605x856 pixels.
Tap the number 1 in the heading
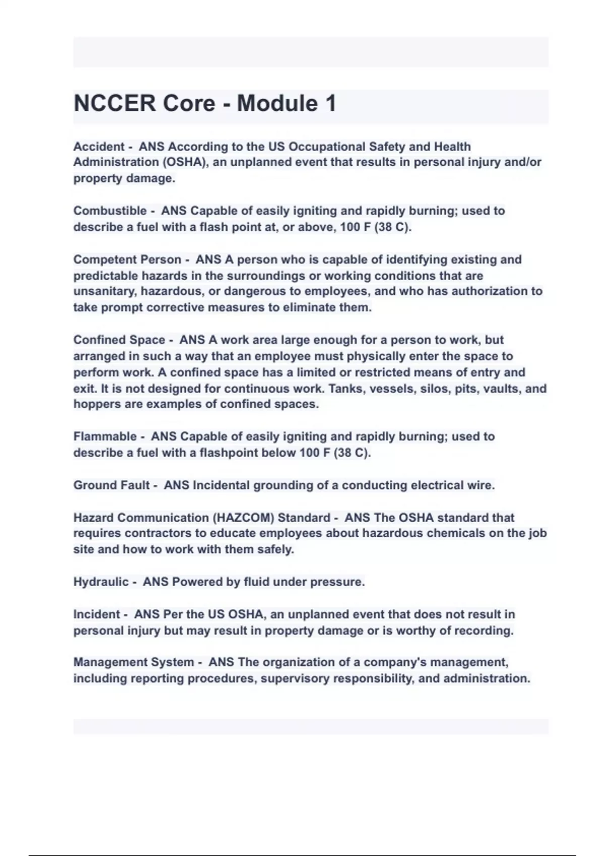click(x=330, y=104)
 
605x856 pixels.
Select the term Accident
click(x=99, y=147)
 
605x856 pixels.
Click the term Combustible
click(x=110, y=211)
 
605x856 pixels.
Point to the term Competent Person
click(x=127, y=260)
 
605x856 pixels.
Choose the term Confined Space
click(x=119, y=340)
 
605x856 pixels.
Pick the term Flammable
click(x=105, y=437)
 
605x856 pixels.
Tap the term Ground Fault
click(x=111, y=485)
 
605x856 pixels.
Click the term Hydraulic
click(x=101, y=582)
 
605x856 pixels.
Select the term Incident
click(x=97, y=614)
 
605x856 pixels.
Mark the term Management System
click(x=134, y=662)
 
